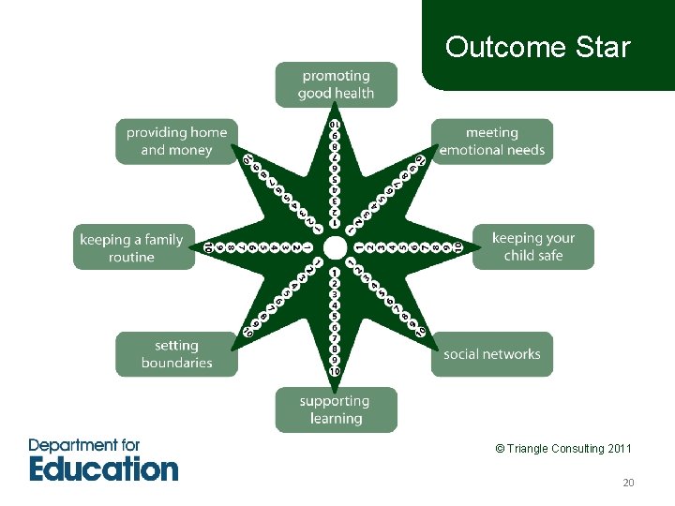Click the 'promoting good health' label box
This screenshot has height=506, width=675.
336,84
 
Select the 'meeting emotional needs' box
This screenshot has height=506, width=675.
491,141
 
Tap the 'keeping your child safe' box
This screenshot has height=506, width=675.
532,247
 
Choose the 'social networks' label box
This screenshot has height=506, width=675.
491,354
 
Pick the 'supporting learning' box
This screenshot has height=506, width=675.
336,409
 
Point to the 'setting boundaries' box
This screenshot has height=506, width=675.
176,354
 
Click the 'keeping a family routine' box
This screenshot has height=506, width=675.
133,247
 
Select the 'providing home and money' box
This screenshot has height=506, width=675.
176,141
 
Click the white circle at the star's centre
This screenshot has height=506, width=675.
335,246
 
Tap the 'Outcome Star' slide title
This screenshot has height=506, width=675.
538,47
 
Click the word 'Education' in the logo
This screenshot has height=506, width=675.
103,468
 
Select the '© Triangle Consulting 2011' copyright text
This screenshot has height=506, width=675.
563,449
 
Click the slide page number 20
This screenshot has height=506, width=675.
628,483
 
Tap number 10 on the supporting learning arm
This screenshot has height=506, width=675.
335,372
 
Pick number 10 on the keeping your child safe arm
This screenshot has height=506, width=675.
458,247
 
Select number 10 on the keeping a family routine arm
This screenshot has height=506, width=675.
209,247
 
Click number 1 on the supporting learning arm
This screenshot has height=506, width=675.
335,273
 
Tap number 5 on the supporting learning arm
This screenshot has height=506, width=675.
335,316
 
